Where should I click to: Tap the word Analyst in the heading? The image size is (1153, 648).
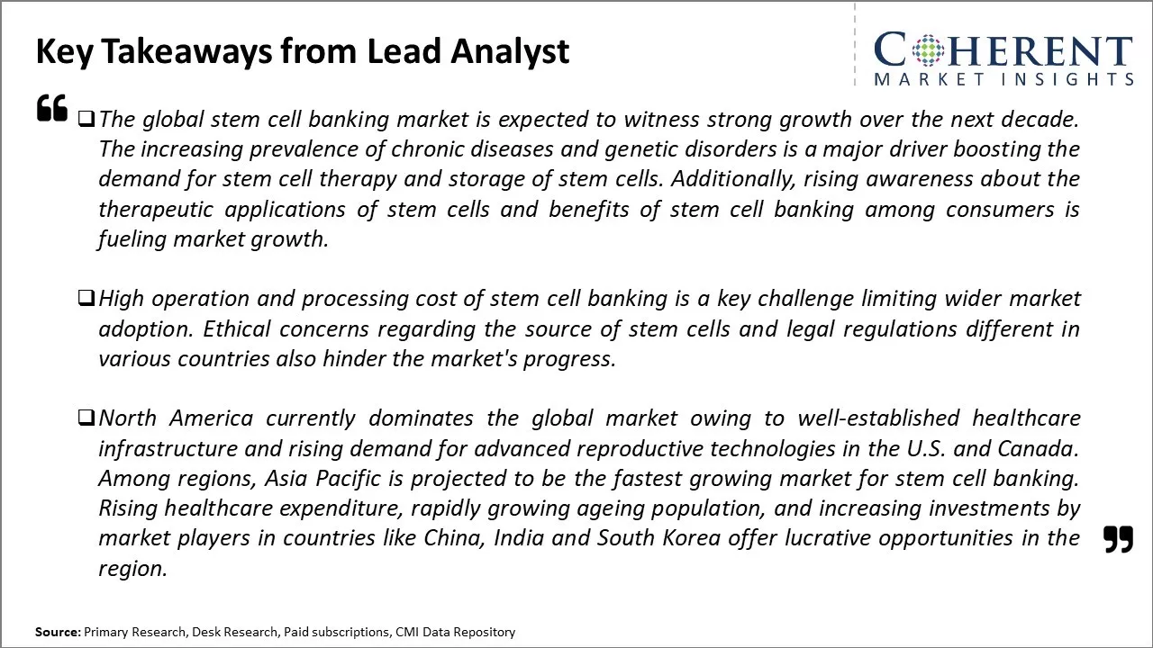point(510,52)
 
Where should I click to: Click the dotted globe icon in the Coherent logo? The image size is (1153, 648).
point(928,50)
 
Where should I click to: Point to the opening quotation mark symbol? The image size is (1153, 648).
point(52,107)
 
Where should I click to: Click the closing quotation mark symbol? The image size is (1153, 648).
point(1119,539)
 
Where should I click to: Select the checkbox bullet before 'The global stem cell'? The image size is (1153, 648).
point(86,120)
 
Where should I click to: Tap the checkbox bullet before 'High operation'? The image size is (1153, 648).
point(86,298)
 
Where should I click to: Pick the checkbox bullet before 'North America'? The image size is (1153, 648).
point(86,418)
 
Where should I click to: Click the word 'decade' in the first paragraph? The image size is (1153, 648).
point(1040,120)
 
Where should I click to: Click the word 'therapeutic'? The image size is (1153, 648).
point(156,210)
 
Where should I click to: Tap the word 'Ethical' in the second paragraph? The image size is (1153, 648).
point(237,329)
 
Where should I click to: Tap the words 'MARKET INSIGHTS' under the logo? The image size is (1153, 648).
point(1003,79)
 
